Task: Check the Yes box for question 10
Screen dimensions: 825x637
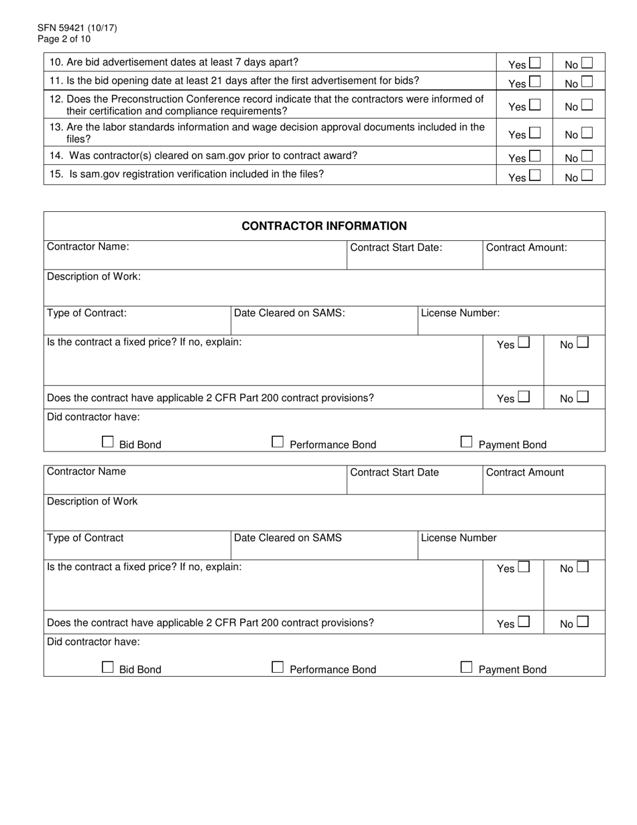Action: (x=534, y=63)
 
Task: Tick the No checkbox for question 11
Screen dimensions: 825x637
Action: (x=587, y=82)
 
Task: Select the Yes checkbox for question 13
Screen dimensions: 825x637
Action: (x=534, y=133)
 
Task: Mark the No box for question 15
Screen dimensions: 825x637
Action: (x=587, y=176)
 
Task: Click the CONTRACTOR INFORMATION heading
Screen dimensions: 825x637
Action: (x=324, y=226)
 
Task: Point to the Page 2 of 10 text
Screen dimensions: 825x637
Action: (x=64, y=39)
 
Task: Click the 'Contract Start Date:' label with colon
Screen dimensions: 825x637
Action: (x=396, y=248)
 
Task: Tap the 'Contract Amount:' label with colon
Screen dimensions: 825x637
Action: (x=526, y=248)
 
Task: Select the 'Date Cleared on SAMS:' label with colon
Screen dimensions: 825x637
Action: (x=289, y=313)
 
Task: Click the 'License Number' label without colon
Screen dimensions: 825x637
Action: (x=459, y=538)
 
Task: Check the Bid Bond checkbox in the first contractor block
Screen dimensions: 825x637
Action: (x=108, y=442)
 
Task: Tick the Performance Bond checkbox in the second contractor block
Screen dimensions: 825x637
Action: (x=278, y=667)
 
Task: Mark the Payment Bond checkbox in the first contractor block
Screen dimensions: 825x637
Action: (x=467, y=442)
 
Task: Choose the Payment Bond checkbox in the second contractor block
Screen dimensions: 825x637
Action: (x=467, y=667)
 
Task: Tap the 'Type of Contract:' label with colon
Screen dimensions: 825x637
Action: (x=86, y=313)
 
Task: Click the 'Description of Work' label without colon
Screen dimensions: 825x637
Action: (x=92, y=502)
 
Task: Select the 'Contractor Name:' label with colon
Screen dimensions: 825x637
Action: (x=88, y=247)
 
